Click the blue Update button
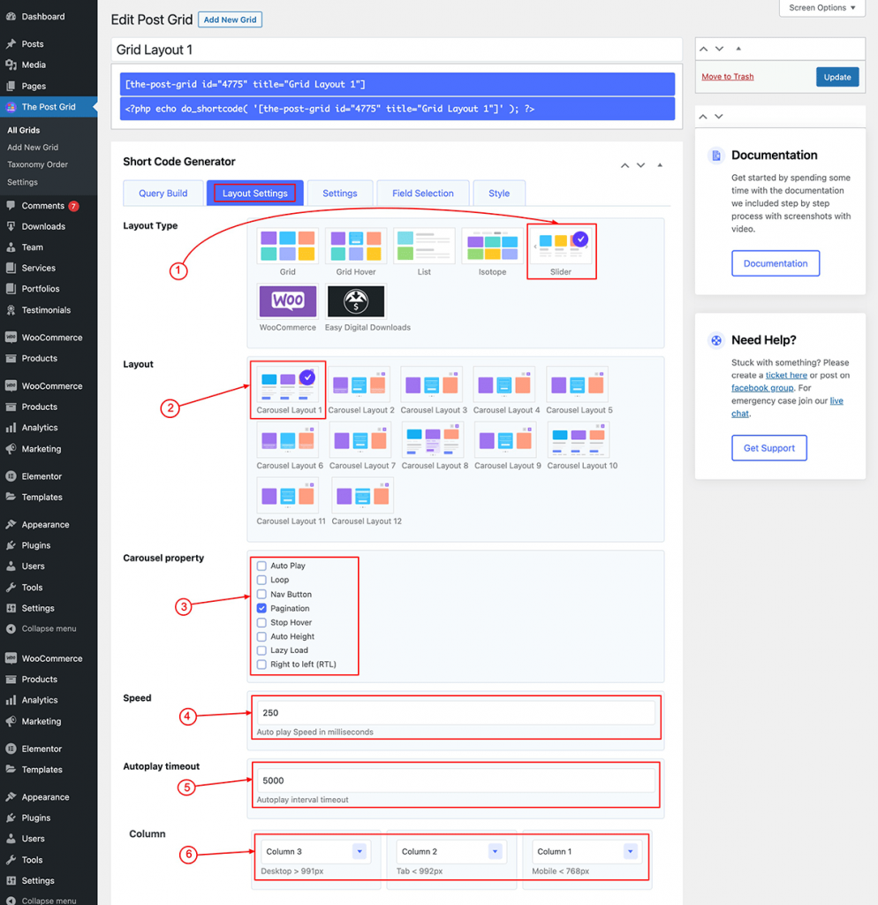(x=837, y=77)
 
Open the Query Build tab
(x=163, y=194)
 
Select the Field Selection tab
(x=423, y=194)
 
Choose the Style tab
(x=499, y=194)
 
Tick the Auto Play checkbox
(x=262, y=566)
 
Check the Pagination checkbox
(x=262, y=608)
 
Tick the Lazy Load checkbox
(x=262, y=650)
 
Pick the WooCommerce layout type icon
(x=288, y=301)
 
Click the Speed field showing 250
(x=456, y=713)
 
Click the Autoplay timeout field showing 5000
(x=456, y=781)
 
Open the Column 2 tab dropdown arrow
(x=495, y=851)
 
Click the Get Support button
(x=769, y=448)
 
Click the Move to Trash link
(x=728, y=77)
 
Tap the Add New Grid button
(x=230, y=19)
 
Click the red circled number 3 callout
(x=184, y=606)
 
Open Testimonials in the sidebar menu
(x=46, y=310)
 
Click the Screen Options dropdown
(x=822, y=8)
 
